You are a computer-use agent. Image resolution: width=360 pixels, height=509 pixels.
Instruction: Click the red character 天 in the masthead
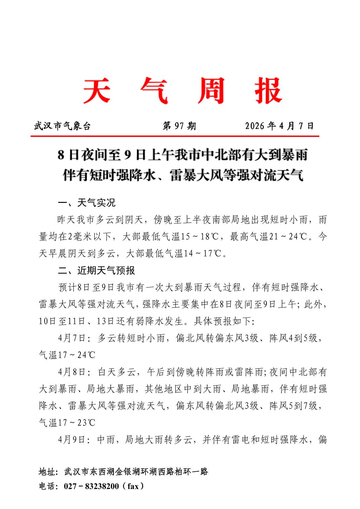97,90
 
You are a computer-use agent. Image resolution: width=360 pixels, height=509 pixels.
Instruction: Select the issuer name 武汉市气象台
62,126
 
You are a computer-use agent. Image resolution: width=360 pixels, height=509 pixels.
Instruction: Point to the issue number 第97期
179,126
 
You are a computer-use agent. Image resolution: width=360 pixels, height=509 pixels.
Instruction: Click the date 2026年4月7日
279,126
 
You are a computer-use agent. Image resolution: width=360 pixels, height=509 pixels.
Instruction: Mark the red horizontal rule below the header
175,136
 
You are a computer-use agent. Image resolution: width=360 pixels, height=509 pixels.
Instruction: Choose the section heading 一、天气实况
86,203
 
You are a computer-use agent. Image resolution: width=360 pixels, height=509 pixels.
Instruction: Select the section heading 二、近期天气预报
97,270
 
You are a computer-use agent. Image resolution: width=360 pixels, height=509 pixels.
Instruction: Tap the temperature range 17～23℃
77,423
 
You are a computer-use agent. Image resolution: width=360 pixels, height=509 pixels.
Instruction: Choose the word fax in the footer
133,486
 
